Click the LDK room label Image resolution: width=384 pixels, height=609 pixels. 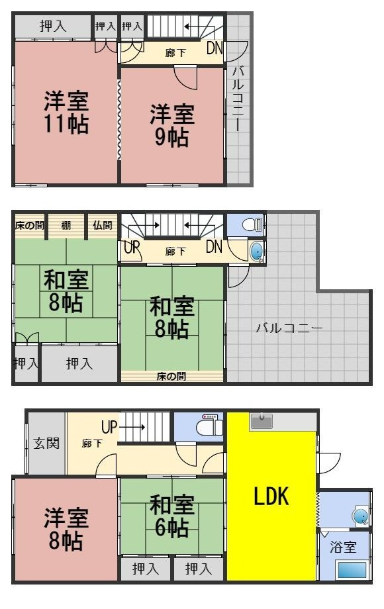(271, 497)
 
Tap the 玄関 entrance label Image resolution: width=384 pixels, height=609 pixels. (46, 443)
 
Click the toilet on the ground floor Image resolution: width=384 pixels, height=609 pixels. (209, 426)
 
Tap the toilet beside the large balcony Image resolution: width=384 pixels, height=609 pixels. (251, 225)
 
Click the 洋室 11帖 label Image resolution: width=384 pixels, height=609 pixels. (66, 113)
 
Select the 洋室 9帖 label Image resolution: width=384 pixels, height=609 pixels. (171, 126)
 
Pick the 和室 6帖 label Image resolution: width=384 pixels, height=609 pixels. (171, 516)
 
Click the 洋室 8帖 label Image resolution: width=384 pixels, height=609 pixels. (66, 530)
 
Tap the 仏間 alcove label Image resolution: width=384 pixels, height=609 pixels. (102, 226)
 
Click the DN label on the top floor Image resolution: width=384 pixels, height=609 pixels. (215, 48)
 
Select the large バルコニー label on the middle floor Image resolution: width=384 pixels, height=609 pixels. (289, 328)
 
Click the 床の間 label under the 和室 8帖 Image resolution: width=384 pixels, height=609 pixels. (171, 377)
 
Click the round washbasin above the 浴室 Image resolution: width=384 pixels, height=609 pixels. (361, 516)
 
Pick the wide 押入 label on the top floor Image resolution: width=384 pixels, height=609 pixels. (53, 26)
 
